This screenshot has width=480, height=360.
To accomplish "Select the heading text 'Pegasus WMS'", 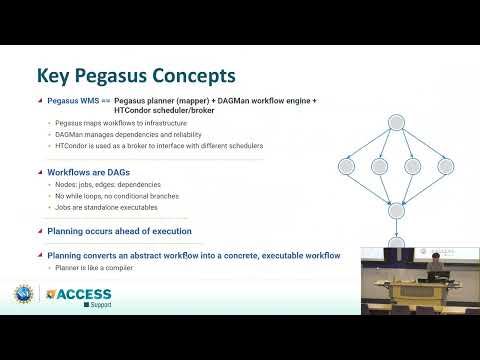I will (76, 101).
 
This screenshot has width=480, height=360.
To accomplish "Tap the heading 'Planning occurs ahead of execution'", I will (119, 232).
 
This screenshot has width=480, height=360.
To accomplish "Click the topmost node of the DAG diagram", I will (396, 122).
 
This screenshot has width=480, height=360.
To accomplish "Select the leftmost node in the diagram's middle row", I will (347, 166).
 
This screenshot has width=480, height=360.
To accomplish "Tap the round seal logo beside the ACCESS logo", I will (23, 295).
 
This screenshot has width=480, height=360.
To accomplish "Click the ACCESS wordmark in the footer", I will (82, 294).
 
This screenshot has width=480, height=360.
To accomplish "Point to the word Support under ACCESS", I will (99, 304).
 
